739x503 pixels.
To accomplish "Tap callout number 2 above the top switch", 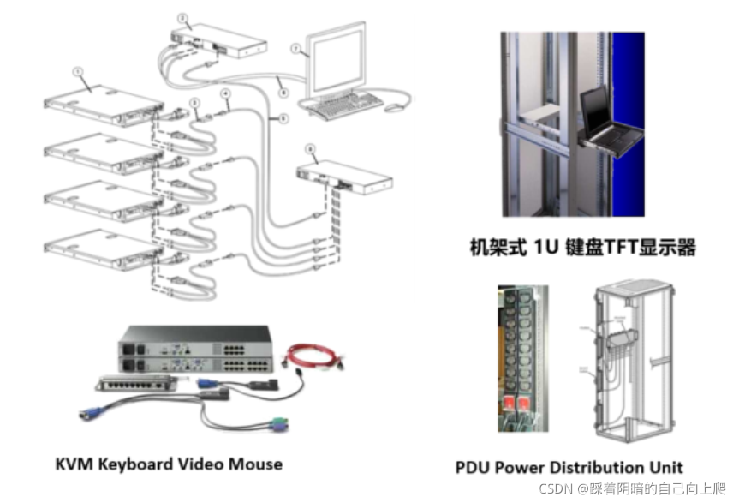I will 182,17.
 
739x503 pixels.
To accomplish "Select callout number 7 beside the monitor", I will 295,49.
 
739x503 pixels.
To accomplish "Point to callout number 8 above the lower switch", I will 311,148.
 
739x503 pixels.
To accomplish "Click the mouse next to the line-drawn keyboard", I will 393,108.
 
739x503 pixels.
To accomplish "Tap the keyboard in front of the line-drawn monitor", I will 343,105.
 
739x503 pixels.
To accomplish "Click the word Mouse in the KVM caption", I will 253,464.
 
